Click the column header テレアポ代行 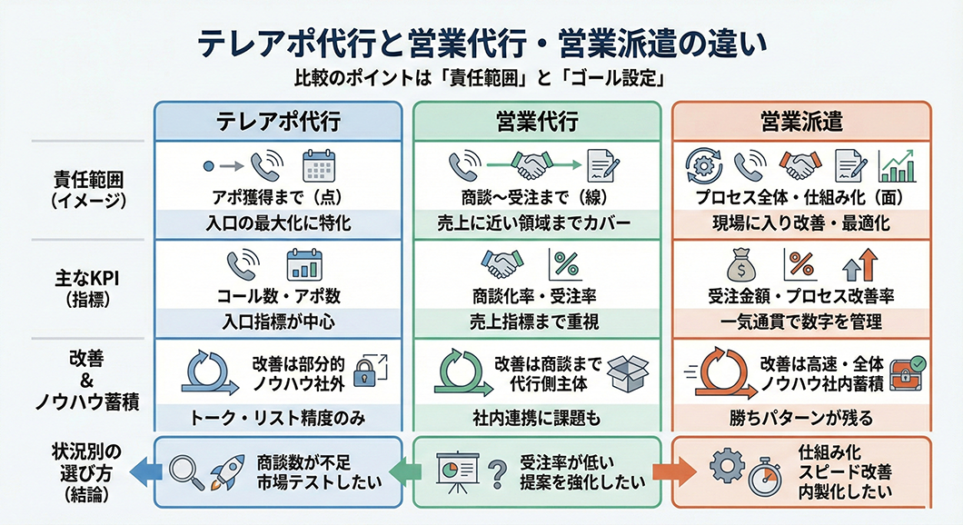(x=277, y=121)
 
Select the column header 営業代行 (x=537, y=121)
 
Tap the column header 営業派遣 (x=800, y=121)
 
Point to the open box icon (x=628, y=372)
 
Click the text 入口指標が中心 (x=277, y=320)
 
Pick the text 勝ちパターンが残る (x=800, y=419)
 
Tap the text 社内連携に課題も (x=537, y=419)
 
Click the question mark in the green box (x=496, y=472)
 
